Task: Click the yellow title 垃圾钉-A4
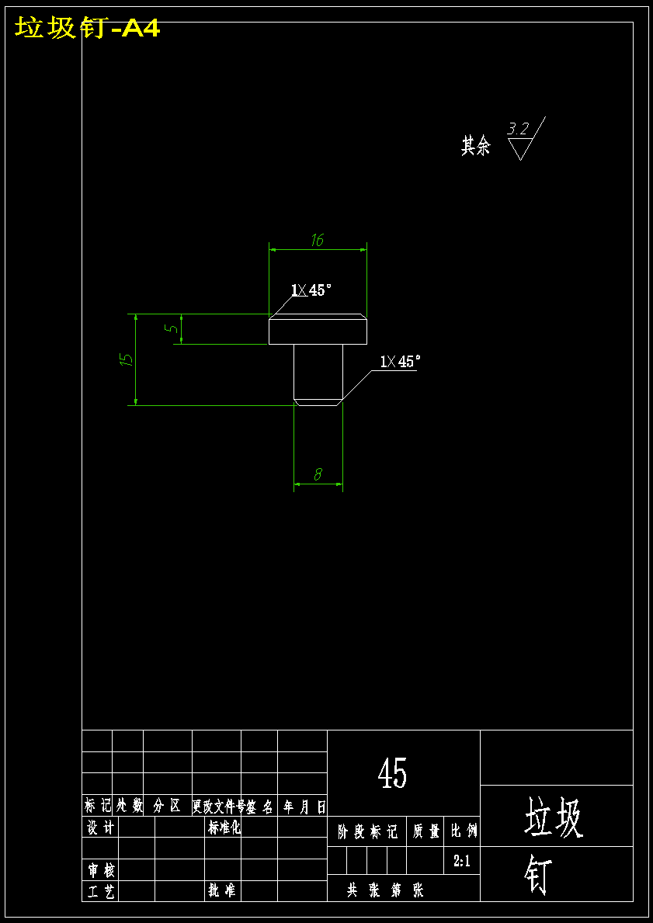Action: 88,29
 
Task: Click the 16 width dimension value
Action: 317,241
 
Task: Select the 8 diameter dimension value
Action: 318,474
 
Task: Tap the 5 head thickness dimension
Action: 172,328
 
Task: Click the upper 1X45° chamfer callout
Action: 311,290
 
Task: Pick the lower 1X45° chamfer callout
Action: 400,362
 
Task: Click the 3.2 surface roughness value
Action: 518,129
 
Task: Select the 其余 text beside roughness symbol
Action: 476,145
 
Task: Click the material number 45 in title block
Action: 392,773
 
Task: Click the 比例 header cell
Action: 464,832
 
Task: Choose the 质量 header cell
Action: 426,832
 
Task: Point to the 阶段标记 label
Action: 367,832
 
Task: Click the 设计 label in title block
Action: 100,828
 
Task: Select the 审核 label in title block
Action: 100,870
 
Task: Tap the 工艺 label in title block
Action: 100,891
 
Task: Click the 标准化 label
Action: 224,828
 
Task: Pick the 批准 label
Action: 221,891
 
